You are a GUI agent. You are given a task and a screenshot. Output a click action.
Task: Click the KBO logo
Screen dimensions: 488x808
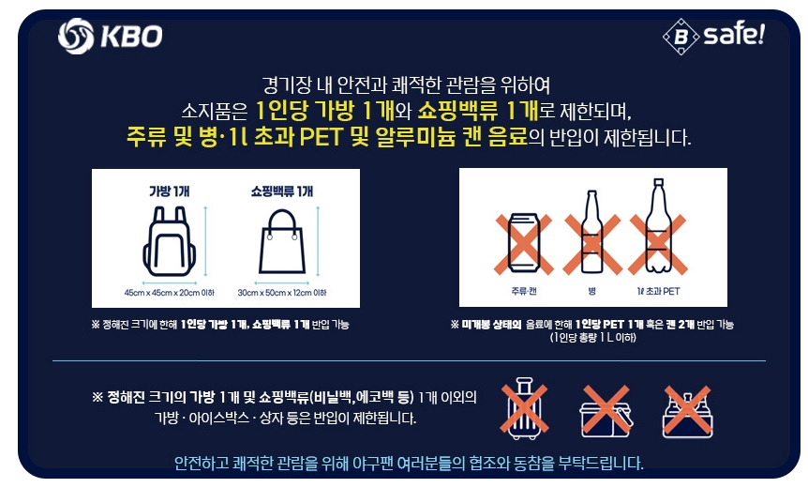(x=110, y=37)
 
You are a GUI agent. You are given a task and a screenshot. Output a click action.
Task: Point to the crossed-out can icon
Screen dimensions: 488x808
(x=518, y=236)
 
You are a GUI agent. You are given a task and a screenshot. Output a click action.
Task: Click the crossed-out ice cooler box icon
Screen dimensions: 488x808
(x=606, y=411)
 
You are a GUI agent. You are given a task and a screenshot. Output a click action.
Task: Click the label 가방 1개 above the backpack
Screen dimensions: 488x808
(x=169, y=191)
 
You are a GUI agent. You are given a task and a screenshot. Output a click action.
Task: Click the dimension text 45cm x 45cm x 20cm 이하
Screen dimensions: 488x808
(x=169, y=292)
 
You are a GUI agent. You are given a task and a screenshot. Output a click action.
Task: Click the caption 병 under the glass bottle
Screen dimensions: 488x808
(x=591, y=291)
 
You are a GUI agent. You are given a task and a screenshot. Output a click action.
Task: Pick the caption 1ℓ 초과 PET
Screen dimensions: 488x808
(x=657, y=291)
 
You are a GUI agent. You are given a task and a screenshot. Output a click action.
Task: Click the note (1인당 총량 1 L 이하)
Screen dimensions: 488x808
(x=592, y=338)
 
